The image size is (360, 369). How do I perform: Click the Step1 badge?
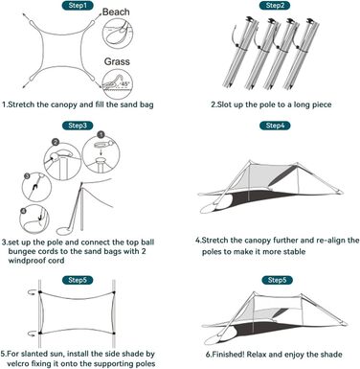[77, 6]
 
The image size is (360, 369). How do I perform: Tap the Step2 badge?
[275, 6]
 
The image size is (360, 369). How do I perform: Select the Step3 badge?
[78, 126]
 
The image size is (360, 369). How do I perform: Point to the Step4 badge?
[275, 126]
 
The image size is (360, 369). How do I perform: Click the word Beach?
[116, 12]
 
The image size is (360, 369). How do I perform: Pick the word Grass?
[117, 61]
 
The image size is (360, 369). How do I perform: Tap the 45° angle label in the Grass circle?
[124, 83]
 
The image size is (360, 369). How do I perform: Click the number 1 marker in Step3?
[101, 134]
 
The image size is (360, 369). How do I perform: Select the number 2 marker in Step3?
[56, 142]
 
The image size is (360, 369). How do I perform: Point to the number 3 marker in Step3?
[28, 175]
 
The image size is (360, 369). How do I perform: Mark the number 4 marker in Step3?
[23, 211]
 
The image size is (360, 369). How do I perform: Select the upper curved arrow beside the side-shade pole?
[33, 292]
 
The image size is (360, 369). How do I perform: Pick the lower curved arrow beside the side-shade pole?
[33, 334]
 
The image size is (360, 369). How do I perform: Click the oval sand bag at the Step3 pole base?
[65, 230]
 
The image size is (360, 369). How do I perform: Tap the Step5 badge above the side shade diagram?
[78, 280]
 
